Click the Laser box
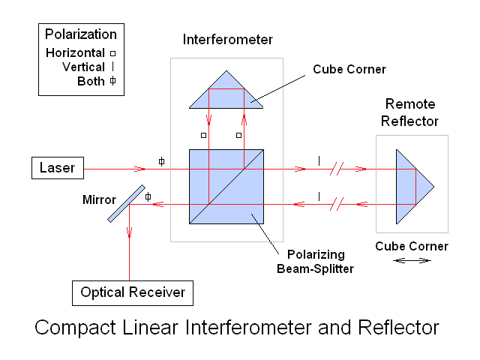(57, 168)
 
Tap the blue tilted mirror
(126, 203)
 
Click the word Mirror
(100, 200)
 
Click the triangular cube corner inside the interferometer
(226, 94)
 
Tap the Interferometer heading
(228, 39)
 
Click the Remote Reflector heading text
(411, 112)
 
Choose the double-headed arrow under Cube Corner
(412, 261)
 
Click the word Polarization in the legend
(81, 34)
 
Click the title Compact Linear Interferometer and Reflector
(236, 328)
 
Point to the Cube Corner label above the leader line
(349, 69)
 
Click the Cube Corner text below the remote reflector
(412, 246)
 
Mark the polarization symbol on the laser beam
(161, 161)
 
